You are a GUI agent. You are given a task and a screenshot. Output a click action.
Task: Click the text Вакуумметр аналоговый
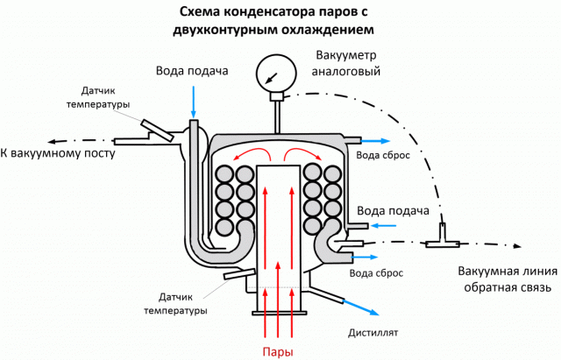coord(346,62)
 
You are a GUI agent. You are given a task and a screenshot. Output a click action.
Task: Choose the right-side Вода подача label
coord(394,212)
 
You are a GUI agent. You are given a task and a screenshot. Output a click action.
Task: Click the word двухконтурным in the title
coord(224,29)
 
